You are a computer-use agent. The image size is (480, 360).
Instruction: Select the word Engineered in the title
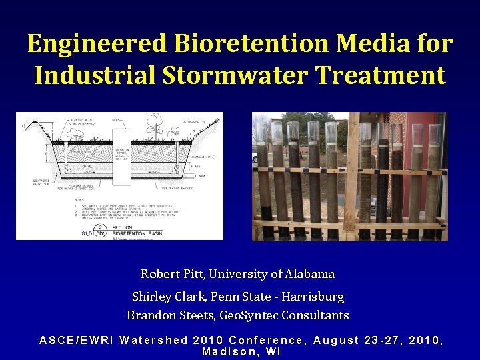[97, 44]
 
